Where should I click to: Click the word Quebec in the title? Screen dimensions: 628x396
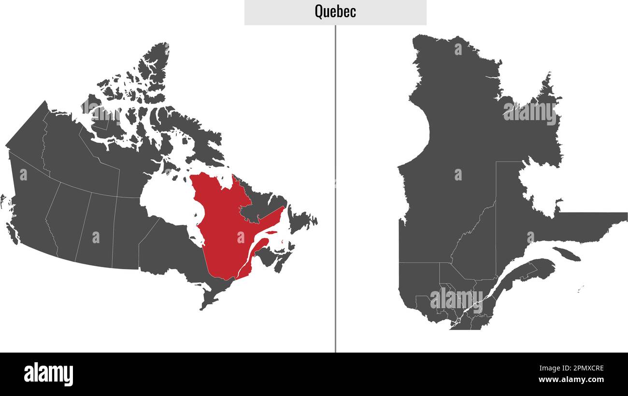pyautogui.click(x=335, y=12)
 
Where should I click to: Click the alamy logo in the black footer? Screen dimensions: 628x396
pyautogui.click(x=48, y=374)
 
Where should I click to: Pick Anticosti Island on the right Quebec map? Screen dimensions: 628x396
pyautogui.click(x=566, y=254)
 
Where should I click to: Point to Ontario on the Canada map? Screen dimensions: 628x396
pyautogui.click(x=169, y=251)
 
